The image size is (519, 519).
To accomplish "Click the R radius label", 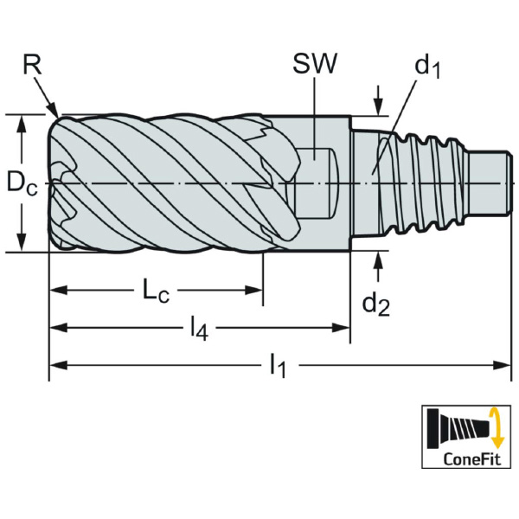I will [32, 65].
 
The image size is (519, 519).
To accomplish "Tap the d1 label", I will [426, 67].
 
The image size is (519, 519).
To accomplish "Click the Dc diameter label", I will [22, 183].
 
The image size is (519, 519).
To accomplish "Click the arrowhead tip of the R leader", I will [57, 114].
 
